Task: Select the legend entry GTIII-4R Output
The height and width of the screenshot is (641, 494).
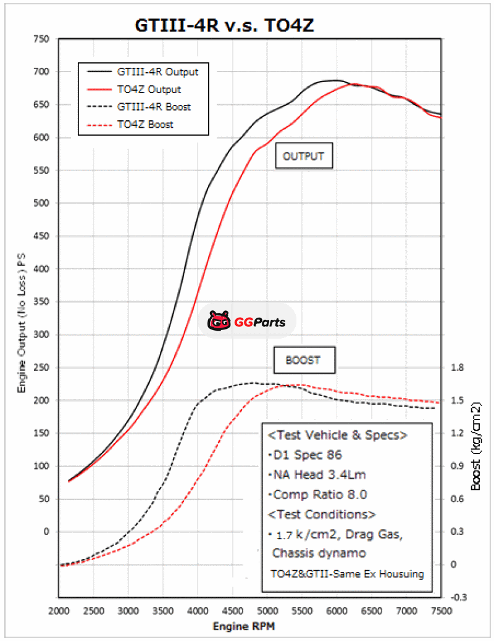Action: pos(157,71)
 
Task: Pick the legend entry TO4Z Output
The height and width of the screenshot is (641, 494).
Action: pos(149,89)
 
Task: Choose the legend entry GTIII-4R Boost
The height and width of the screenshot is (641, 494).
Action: pos(154,107)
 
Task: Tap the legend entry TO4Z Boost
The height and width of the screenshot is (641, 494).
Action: pos(145,124)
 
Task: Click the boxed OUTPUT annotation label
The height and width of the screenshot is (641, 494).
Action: pos(303,156)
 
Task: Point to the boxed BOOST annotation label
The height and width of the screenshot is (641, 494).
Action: pos(303,360)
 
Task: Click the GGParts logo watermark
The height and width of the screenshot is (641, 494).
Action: pos(247,321)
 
